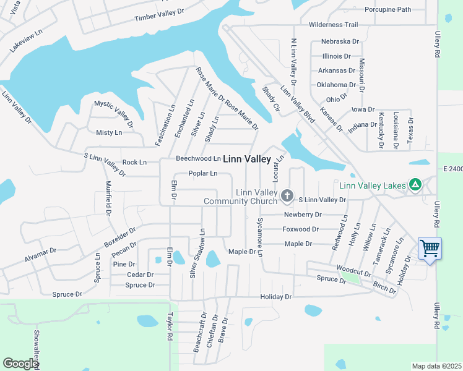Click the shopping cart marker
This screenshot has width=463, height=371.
[x=430, y=249]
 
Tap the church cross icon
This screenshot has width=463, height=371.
[x=287, y=196]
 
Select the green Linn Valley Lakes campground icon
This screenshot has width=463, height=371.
[x=415, y=185]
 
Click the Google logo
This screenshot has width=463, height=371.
[x=20, y=364]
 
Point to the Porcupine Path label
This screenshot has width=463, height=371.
[x=387, y=9]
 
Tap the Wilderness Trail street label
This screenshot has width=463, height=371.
[x=333, y=25]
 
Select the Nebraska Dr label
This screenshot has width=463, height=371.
[x=340, y=41]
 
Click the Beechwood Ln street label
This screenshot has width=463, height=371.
[x=198, y=158]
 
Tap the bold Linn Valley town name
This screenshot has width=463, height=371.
[x=246, y=159]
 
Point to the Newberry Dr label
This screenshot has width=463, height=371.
[x=303, y=215]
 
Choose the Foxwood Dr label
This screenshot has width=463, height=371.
[x=300, y=229]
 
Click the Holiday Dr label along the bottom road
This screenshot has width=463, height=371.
[x=275, y=297]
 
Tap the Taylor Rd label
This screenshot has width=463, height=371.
[x=168, y=326]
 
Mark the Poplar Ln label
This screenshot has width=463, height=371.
[x=203, y=174]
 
